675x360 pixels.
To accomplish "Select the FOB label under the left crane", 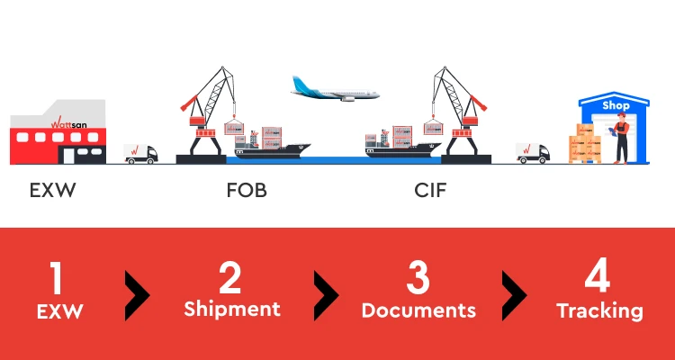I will coord(247,192).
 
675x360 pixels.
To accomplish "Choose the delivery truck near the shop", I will coord(533,152).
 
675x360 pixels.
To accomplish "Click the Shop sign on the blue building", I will coord(616,105).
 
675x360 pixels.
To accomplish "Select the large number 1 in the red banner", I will coord(56,278).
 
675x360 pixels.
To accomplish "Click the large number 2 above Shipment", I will coord(231,278).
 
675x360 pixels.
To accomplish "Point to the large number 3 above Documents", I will coord(418,278).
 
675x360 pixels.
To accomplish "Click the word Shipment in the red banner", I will coord(232,310).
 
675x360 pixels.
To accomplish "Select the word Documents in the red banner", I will coord(418,310).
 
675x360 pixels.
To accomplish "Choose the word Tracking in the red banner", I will coord(599,311).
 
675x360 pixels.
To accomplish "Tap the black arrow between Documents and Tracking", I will coord(513,293).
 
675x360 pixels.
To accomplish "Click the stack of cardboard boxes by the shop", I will coord(584,145).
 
